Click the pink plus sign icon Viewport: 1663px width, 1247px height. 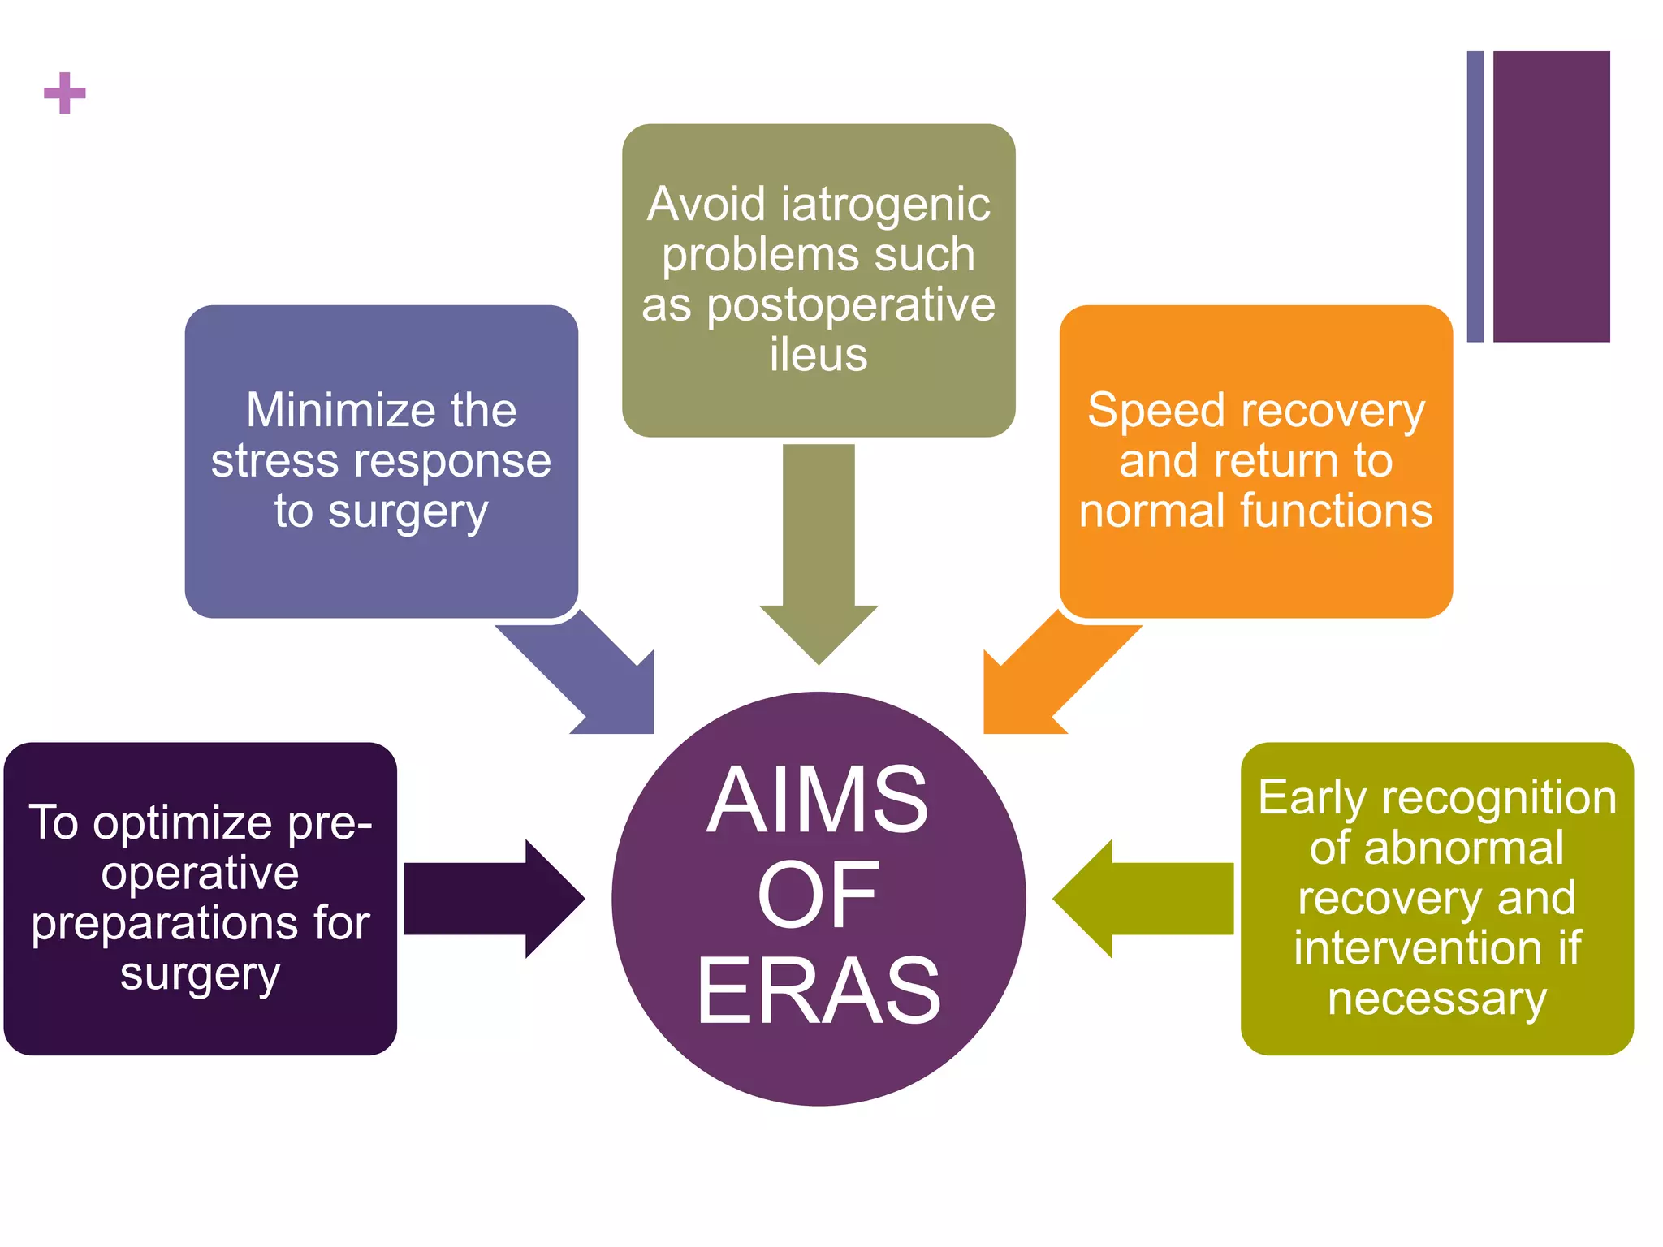pos(64,93)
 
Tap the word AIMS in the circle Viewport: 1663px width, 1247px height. pos(817,800)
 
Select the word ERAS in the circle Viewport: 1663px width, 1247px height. pos(818,991)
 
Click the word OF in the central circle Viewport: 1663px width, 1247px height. pos(817,895)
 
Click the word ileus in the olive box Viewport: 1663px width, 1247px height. pos(819,355)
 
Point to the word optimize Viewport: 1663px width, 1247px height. pos(183,823)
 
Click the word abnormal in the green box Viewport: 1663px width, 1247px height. pos(1463,848)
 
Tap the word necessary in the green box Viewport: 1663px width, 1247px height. pos(1436,999)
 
